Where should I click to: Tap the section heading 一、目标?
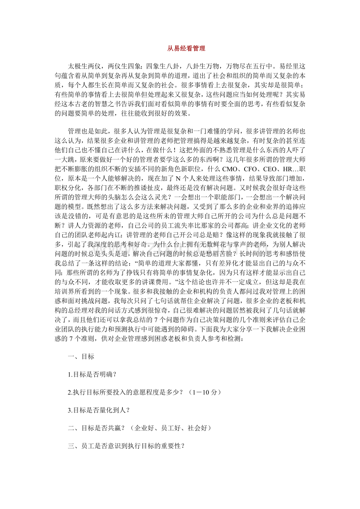click(81, 357)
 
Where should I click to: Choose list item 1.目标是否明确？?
click(92, 374)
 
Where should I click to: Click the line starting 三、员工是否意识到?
click(126, 446)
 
